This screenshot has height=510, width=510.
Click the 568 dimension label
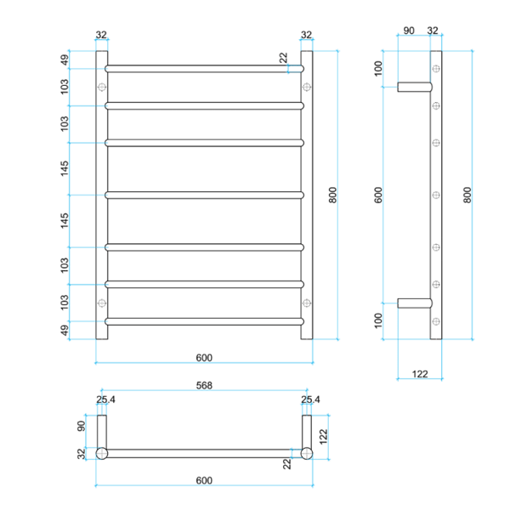pos(203,385)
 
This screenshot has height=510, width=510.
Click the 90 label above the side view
pos(408,31)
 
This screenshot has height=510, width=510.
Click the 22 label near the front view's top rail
pos(283,58)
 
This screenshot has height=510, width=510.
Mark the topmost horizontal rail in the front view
pos(204,68)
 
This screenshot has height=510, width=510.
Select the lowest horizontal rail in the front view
pos(204,321)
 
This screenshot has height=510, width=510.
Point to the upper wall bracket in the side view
pos(415,86)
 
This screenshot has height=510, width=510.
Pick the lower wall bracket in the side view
pos(415,303)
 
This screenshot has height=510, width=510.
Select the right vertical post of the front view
pos(307,195)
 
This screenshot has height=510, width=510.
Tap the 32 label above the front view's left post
pos(101,35)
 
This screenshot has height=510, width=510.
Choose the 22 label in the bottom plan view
pos(287,462)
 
